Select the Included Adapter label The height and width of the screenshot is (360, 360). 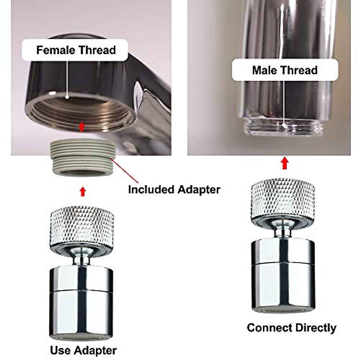174,190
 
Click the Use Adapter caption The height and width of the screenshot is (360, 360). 83,350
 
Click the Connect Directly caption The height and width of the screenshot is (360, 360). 291,328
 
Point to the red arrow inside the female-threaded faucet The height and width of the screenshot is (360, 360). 81,127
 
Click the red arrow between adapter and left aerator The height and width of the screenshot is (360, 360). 83,192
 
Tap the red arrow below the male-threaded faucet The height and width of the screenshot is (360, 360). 285,164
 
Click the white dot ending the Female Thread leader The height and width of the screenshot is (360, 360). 67,97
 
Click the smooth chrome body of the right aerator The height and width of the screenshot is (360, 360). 283,276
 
